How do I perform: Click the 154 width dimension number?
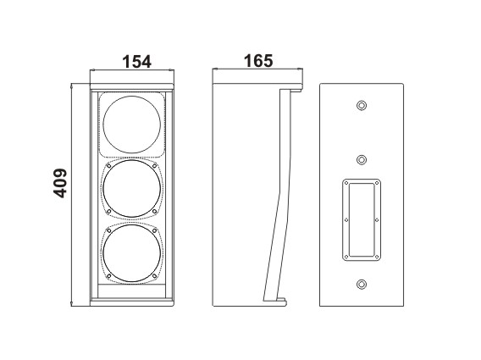pos(137,62)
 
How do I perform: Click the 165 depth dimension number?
pos(258,61)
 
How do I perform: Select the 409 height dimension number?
pos(60,183)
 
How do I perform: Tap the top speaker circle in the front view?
pos(103,125)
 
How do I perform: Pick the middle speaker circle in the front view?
pos(103,189)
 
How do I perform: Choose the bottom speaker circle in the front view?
pos(103,253)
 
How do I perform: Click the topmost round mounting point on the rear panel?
pos(362,106)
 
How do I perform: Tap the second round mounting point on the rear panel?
pos(362,160)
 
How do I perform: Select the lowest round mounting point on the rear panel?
pos(362,284)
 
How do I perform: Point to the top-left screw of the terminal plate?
pos(346,183)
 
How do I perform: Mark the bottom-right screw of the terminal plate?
pos(377,257)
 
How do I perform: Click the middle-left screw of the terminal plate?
pos(346,220)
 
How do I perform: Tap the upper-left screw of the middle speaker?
pos(108,166)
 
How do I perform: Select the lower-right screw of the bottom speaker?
pos(155,276)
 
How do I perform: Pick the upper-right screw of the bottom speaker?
pos(155,230)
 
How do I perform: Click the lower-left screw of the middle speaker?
pos(108,212)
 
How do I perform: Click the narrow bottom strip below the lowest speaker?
pos(131,291)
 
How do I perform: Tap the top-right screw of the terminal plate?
pos(377,183)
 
